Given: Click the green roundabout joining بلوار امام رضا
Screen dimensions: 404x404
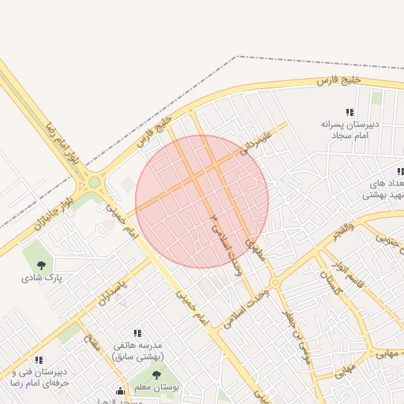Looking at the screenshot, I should click(x=95, y=182).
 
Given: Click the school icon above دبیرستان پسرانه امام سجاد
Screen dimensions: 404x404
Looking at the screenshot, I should click(x=350, y=113).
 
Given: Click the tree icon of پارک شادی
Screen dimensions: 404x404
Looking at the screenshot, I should click(x=41, y=265).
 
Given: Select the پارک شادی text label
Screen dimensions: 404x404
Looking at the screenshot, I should click(x=41, y=279).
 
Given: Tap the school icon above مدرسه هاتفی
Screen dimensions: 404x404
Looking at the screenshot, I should click(x=137, y=334).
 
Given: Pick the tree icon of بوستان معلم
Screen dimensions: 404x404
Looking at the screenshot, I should click(x=155, y=375).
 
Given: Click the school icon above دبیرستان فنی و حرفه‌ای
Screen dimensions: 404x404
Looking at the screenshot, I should click(x=39, y=360).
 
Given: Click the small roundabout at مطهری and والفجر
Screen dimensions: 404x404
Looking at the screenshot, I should click(x=274, y=282).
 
